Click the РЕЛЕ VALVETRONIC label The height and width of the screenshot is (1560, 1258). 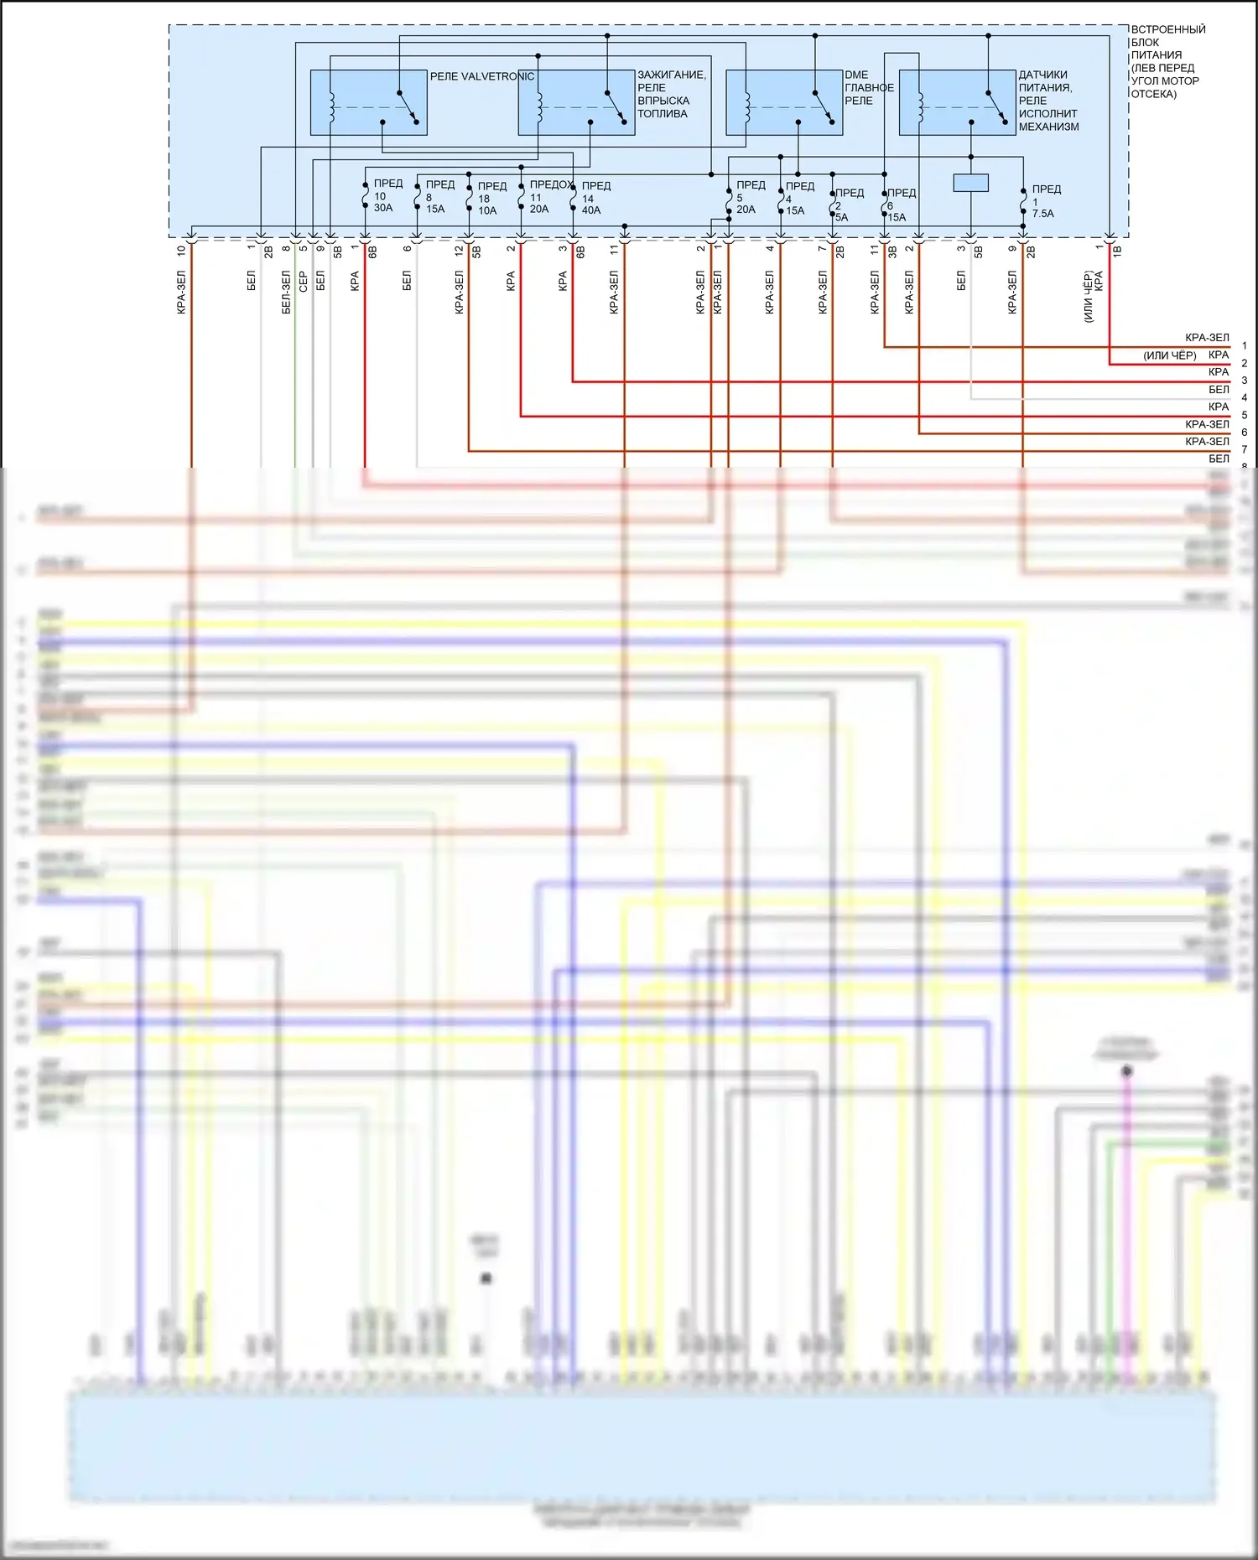point(481,76)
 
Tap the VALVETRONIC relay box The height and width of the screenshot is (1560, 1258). point(368,102)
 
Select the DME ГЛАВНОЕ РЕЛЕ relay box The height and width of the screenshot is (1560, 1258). point(783,102)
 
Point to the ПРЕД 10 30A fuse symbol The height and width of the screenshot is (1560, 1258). point(365,196)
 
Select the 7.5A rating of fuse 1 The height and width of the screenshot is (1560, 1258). point(1043,214)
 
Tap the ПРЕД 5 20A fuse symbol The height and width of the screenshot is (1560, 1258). point(728,200)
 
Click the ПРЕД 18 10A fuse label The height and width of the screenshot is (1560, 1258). point(491,199)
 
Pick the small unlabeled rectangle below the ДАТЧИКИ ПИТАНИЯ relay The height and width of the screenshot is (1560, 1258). point(970,183)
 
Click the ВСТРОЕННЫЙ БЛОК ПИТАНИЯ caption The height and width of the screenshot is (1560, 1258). point(1167,61)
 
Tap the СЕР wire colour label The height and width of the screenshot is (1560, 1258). point(303,282)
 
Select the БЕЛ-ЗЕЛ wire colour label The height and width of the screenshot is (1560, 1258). point(286,292)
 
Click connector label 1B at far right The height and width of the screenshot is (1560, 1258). point(1117,251)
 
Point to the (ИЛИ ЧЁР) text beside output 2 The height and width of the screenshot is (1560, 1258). point(1169,355)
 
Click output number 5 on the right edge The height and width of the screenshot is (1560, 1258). point(1245,415)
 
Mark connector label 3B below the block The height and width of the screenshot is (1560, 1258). point(892,251)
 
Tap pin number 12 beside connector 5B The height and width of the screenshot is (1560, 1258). point(459,250)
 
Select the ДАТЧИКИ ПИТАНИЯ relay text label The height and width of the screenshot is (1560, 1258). point(1047,101)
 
